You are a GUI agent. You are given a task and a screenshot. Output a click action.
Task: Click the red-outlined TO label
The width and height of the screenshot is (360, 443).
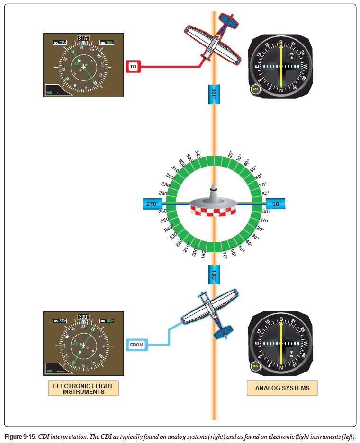[133, 67]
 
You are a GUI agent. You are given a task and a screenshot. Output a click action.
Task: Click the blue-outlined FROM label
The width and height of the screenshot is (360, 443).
[136, 345]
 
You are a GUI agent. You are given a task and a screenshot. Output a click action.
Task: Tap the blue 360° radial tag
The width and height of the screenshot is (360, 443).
[214, 93]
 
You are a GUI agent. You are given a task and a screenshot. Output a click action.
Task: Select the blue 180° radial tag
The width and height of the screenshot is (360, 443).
[214, 274]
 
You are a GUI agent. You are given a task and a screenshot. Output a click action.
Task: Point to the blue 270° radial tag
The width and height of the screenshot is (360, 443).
[152, 204]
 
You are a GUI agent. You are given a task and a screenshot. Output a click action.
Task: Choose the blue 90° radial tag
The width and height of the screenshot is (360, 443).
[275, 204]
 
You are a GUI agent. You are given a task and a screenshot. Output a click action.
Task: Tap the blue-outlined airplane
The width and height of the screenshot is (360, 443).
[212, 312]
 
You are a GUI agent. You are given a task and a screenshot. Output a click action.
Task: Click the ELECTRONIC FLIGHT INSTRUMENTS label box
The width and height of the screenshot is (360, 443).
[83, 389]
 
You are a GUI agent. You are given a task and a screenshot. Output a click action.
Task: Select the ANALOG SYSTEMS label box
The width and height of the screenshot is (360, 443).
[282, 388]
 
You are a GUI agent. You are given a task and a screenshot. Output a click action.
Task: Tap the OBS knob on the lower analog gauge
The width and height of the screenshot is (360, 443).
[256, 366]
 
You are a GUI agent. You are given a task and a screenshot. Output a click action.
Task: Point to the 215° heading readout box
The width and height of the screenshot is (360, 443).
[83, 38]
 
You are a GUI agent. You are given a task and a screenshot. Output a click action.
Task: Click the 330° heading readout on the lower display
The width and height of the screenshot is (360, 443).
[83, 317]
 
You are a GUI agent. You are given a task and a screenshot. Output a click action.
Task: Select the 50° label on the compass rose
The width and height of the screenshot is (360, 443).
[252, 169]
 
